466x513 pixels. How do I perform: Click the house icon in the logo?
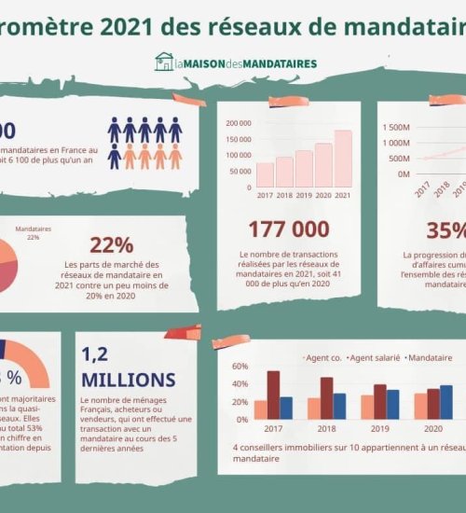coord(164,62)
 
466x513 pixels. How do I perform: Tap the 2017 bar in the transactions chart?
coord(265,175)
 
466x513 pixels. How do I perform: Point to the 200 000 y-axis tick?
coord(238,123)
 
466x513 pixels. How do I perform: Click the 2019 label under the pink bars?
coord(304,195)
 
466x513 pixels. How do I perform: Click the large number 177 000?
coord(288,229)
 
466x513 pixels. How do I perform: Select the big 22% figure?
coord(112,245)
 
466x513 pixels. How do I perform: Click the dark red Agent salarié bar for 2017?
coord(273,395)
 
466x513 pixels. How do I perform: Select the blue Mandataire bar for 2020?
coord(446,402)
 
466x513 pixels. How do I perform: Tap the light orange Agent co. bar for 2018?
coord(314,409)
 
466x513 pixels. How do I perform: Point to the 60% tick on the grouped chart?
coord(240,367)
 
